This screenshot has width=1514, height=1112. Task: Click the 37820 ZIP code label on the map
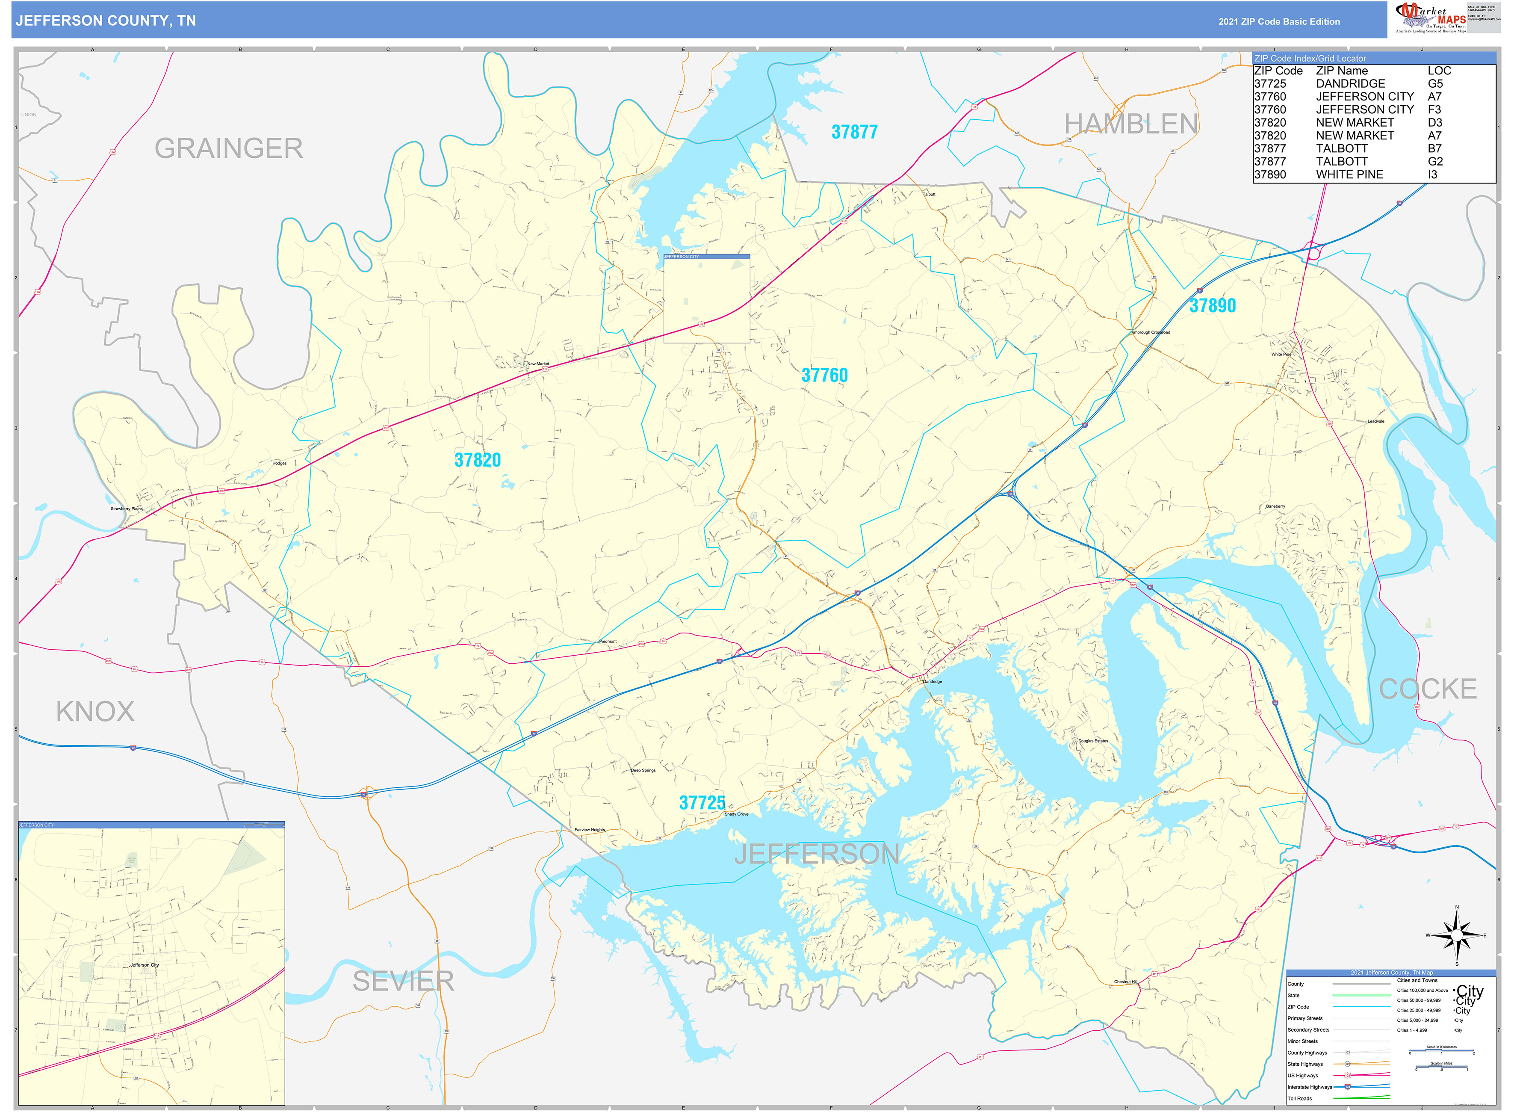[x=477, y=461]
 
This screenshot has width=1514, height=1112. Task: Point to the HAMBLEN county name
[x=1130, y=124]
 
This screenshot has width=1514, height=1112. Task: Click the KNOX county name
[x=95, y=712]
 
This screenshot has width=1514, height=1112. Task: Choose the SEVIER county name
[x=403, y=982]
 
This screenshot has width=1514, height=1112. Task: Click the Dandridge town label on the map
[x=932, y=682]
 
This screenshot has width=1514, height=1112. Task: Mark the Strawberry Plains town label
[x=127, y=509]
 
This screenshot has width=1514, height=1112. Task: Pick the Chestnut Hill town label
[x=1125, y=982]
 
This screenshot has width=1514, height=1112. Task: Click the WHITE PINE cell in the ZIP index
[x=1349, y=175]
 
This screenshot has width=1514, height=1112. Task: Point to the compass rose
[x=1456, y=936]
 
